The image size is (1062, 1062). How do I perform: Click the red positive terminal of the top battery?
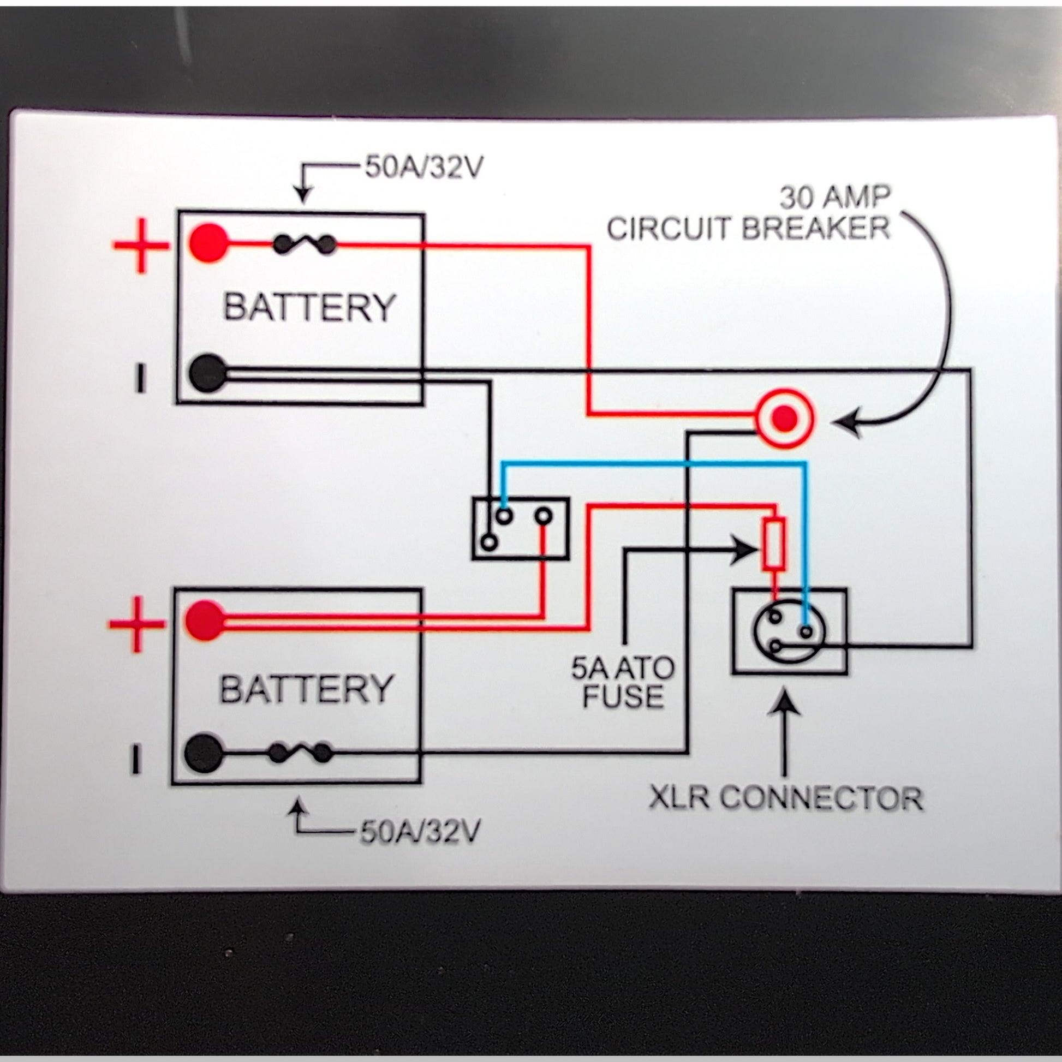pyautogui.click(x=208, y=242)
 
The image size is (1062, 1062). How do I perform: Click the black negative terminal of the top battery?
pyautogui.click(x=208, y=373)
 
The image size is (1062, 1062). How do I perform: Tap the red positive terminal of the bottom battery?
pyautogui.click(x=205, y=621)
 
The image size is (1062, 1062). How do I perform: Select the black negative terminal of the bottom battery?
pyautogui.click(x=204, y=753)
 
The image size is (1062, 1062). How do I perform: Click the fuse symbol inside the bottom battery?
pyautogui.click(x=301, y=753)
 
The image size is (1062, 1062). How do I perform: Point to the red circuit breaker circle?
pyautogui.click(x=784, y=420)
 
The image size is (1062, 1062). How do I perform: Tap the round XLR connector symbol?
pyautogui.click(x=787, y=632)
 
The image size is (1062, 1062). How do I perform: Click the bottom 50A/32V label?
pyautogui.click(x=420, y=832)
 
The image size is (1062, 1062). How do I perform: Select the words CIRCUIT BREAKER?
pyautogui.click(x=748, y=228)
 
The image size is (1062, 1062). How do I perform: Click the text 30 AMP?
pyautogui.click(x=834, y=198)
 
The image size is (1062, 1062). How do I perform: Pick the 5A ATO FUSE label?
pyautogui.click(x=623, y=682)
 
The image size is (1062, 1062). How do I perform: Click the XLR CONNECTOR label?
pyautogui.click(x=786, y=798)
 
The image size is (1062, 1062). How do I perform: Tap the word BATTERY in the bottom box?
pyautogui.click(x=306, y=689)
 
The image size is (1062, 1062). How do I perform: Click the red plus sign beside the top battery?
pyautogui.click(x=141, y=246)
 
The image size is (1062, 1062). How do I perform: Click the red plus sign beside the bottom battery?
pyautogui.click(x=137, y=624)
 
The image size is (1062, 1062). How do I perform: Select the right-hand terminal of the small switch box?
pyautogui.click(x=543, y=516)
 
